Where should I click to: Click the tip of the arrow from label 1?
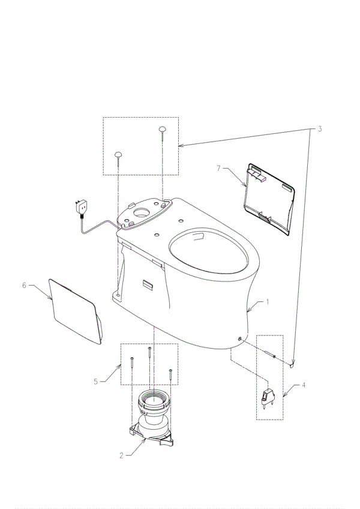coord(247,312)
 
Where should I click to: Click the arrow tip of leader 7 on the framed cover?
coord(247,187)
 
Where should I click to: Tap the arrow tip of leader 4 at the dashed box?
coord(283,397)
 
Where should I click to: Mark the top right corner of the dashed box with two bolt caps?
coord(179,118)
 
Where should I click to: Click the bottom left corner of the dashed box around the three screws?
coord(121,385)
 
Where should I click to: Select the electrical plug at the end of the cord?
coord(80,206)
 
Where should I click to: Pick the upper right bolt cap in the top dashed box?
coord(163,129)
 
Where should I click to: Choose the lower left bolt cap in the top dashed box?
coord(118,154)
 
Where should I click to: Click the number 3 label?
coord(320,129)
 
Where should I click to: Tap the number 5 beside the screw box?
coord(96,381)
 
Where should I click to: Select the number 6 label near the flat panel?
coord(24,285)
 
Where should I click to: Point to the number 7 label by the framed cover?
coord(218,168)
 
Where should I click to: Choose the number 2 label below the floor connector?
coord(121,456)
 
